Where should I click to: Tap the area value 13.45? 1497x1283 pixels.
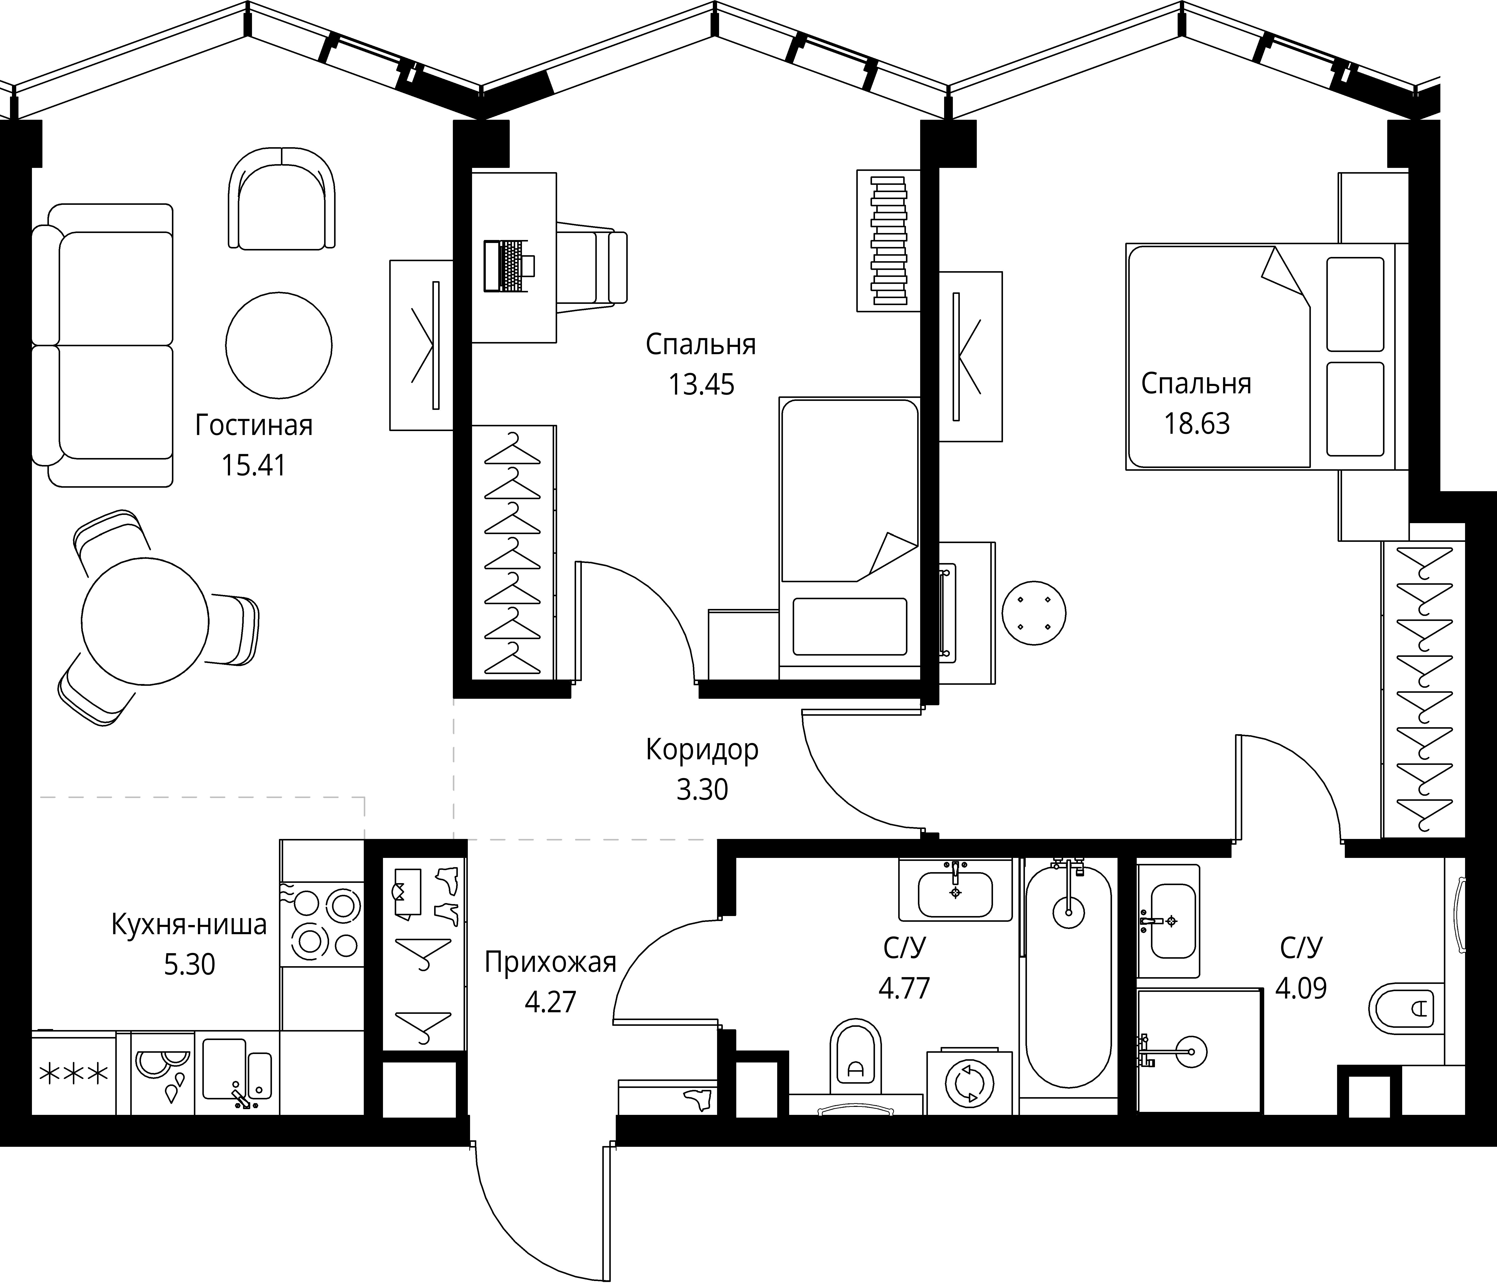point(701,385)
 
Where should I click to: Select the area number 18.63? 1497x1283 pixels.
point(1196,424)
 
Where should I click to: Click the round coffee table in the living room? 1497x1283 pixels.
point(279,345)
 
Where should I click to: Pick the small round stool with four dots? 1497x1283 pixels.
point(1034,613)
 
